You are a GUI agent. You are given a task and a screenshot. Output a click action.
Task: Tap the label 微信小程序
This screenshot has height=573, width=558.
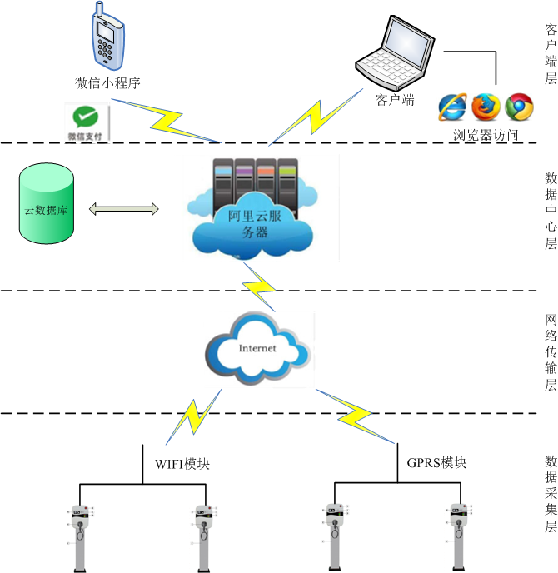coord(107,82)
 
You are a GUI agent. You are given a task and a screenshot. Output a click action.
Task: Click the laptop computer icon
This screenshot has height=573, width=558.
coord(391,55)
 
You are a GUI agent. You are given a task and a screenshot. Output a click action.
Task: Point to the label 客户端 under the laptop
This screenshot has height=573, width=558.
coord(395,100)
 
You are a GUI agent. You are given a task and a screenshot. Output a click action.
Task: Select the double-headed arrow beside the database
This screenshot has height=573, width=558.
coord(123,208)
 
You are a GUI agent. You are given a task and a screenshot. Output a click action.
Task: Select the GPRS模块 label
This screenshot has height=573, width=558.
coord(437,463)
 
